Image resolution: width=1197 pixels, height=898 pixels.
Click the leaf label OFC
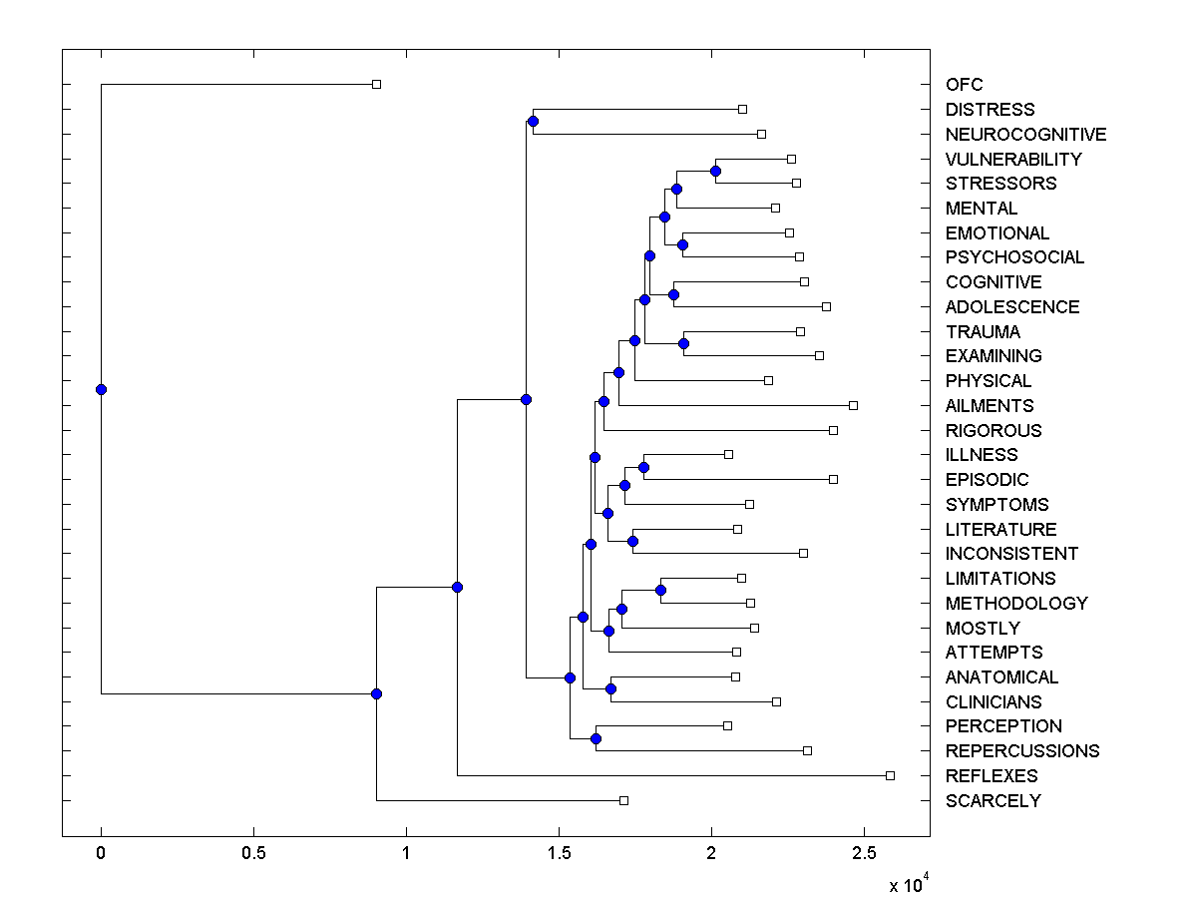(x=964, y=85)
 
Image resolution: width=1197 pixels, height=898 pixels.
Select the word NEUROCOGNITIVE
(x=1025, y=134)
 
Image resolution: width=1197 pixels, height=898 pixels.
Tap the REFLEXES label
(x=992, y=776)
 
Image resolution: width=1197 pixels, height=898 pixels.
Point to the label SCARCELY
(x=993, y=801)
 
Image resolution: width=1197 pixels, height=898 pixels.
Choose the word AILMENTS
(x=990, y=406)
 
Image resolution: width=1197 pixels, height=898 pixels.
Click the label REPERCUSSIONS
(x=1022, y=751)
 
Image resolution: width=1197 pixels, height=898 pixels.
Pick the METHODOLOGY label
(x=1016, y=604)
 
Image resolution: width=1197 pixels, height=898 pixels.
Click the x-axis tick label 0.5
(x=253, y=854)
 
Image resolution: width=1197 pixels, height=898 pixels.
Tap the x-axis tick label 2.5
(x=864, y=854)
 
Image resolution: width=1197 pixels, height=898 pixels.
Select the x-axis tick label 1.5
(x=559, y=854)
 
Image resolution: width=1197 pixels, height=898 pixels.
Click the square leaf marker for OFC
(x=376, y=84)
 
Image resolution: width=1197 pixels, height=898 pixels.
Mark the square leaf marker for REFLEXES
(x=891, y=775)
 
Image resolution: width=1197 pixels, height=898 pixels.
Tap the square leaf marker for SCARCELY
(x=623, y=800)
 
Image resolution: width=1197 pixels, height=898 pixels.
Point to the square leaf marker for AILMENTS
(x=853, y=405)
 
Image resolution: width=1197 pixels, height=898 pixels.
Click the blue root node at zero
(x=101, y=389)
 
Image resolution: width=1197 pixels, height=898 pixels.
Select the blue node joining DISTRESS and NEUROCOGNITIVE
(x=533, y=121)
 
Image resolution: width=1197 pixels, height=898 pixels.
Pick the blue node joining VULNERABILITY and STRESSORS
(x=715, y=171)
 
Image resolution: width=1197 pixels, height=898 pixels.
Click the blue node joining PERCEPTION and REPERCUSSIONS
(x=596, y=738)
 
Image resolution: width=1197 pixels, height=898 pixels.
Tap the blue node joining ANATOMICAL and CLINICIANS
(x=610, y=688)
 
